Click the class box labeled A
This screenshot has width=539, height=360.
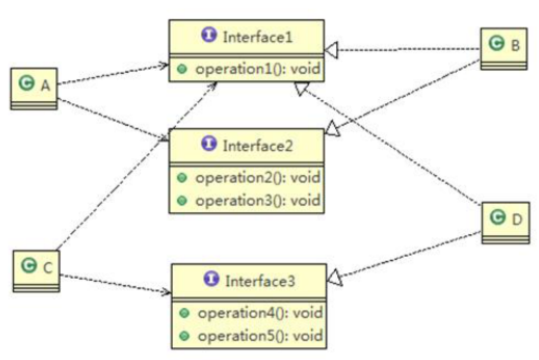coord(34,88)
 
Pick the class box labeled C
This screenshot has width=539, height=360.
coord(36,271)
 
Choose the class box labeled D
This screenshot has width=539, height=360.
coord(506,222)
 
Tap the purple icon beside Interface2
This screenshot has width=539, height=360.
coord(210,145)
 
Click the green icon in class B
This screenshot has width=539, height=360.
coord(496,44)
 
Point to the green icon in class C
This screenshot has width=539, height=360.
coord(28,267)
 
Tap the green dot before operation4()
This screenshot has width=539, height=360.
coord(184,313)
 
